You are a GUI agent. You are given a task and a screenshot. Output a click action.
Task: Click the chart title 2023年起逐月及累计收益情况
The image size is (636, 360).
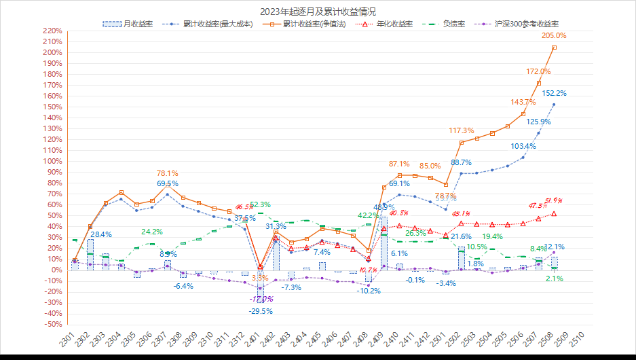(318, 12)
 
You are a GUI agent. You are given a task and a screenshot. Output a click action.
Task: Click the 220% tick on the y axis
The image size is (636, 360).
(51, 31)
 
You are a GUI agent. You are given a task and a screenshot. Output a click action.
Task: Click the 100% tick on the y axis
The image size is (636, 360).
(51, 161)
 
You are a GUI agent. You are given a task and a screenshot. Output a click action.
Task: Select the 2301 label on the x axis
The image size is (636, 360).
(67, 338)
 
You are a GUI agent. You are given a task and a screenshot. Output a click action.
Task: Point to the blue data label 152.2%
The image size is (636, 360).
(555, 93)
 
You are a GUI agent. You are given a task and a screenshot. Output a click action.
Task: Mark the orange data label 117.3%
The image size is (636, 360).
(462, 130)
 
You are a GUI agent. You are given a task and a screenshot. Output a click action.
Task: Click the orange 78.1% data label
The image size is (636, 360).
(168, 173)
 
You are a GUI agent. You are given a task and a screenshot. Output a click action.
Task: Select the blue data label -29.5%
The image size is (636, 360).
(260, 311)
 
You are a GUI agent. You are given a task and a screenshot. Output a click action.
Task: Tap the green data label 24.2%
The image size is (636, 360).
(151, 232)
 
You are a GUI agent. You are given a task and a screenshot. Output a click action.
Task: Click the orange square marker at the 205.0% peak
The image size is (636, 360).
(555, 48)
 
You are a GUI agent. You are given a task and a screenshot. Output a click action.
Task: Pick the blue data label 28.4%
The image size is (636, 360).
(101, 234)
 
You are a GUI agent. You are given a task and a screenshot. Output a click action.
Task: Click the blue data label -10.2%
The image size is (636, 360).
(369, 291)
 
